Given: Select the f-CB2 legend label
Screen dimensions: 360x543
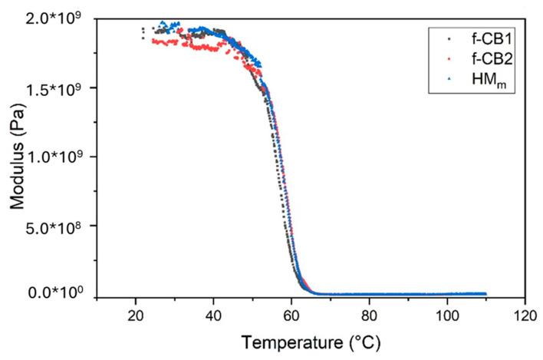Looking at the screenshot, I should (x=482, y=56).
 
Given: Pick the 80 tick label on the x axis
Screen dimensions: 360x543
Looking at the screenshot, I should (x=369, y=315).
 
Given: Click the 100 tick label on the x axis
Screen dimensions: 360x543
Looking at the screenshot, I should (x=447, y=315).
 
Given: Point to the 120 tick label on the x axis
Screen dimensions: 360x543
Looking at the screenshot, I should (x=525, y=315).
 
